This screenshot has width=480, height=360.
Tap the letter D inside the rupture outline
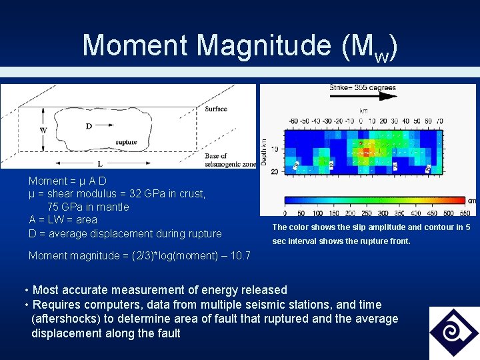88,125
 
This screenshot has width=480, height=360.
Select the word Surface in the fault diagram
215,109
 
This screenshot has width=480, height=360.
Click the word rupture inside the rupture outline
127,141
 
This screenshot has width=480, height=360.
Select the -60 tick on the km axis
293,121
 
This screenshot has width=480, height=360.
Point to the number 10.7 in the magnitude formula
239,256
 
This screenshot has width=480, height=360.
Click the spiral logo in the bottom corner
453,332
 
